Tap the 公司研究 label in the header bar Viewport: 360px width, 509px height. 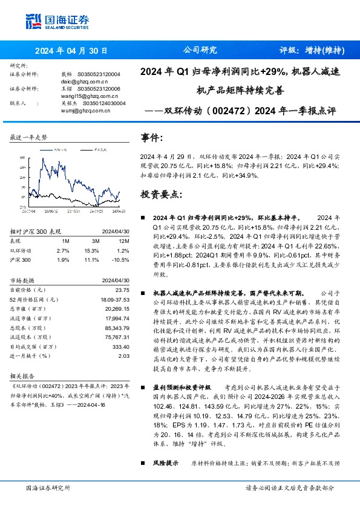pyautogui.click(x=199, y=51)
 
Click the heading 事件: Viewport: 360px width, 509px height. pyautogui.click(x=152, y=138)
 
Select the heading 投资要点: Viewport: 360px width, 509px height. pyautogui.click(x=161, y=195)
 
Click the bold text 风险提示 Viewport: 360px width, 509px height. pyautogui.click(x=165, y=462)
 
